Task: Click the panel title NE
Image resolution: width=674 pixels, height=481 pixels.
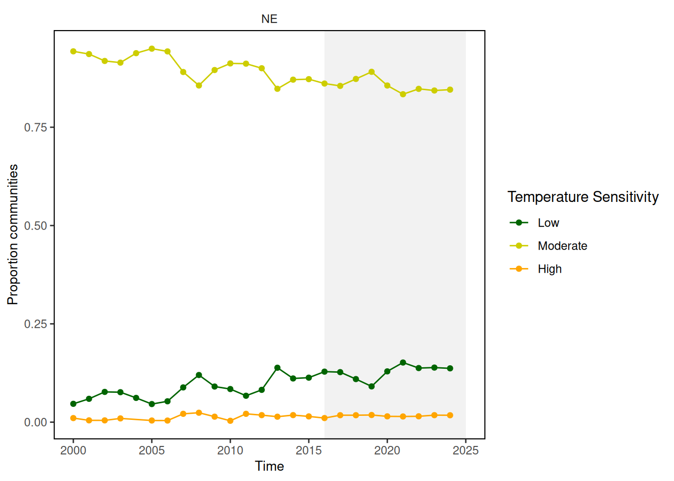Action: [269, 19]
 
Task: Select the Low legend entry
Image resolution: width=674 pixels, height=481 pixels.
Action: [548, 223]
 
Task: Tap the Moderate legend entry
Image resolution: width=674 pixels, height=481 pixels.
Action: [562, 246]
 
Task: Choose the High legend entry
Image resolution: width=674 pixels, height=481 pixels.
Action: [549, 269]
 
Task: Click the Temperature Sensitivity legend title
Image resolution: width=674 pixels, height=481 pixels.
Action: [583, 197]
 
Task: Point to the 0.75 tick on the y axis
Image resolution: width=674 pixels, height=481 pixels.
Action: [36, 127]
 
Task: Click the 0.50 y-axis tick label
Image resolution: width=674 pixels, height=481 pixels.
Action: [36, 225]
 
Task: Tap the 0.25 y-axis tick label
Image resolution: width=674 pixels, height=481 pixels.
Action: [36, 324]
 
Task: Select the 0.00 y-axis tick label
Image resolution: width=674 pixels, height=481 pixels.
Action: [36, 422]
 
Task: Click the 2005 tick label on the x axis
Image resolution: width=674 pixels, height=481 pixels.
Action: [152, 450]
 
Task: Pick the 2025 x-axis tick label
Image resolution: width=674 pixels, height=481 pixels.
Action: [465, 450]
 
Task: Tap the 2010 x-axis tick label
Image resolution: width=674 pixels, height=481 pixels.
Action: [230, 450]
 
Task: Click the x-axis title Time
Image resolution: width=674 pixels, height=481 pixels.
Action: [269, 466]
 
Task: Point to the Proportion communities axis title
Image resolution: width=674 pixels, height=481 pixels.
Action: [13, 234]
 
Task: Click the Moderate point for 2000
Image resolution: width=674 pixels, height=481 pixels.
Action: [73, 51]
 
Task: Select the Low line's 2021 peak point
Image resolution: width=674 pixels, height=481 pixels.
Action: [403, 363]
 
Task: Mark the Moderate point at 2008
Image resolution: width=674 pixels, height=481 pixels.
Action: [199, 86]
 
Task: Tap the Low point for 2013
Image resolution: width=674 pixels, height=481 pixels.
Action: [277, 368]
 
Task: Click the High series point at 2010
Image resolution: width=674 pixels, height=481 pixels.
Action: [230, 421]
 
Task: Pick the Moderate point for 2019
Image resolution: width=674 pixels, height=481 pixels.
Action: [372, 72]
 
